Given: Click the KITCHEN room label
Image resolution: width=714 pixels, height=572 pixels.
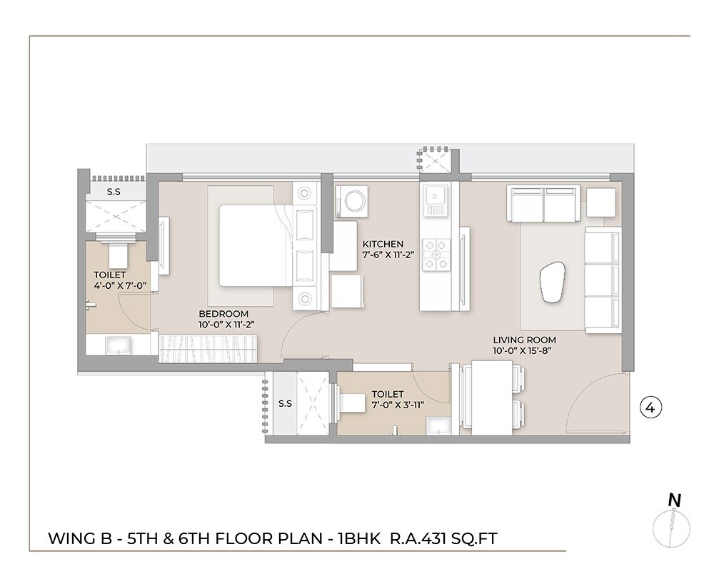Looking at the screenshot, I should [x=382, y=244].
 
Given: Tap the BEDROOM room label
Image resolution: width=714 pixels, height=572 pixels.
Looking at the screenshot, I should [x=223, y=314].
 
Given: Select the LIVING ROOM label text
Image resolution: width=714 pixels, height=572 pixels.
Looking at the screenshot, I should [x=524, y=340].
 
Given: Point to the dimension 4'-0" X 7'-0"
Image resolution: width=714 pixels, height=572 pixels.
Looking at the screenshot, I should [x=119, y=285].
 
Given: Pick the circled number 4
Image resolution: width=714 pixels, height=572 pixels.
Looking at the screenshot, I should [x=650, y=408].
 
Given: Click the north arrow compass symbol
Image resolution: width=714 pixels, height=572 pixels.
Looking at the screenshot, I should [x=671, y=526].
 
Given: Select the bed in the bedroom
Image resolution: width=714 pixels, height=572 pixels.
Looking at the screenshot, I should [x=254, y=245].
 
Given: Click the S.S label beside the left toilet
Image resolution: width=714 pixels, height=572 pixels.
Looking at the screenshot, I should [x=114, y=192].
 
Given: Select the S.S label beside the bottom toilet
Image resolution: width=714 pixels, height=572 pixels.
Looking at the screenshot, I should [x=285, y=403].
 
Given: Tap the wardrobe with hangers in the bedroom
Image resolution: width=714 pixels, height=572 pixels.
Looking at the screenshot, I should [x=206, y=348].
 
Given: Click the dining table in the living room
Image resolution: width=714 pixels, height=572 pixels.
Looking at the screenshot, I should [x=492, y=398].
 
